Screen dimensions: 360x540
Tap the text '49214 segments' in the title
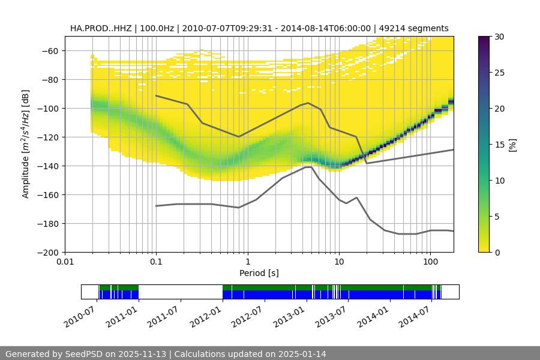(418, 28)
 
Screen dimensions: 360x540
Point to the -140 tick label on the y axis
(48, 166)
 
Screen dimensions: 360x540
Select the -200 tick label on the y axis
(48, 252)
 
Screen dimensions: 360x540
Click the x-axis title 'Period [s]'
(259, 274)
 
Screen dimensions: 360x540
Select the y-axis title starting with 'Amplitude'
(26, 144)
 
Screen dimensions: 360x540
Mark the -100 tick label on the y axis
(48, 108)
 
